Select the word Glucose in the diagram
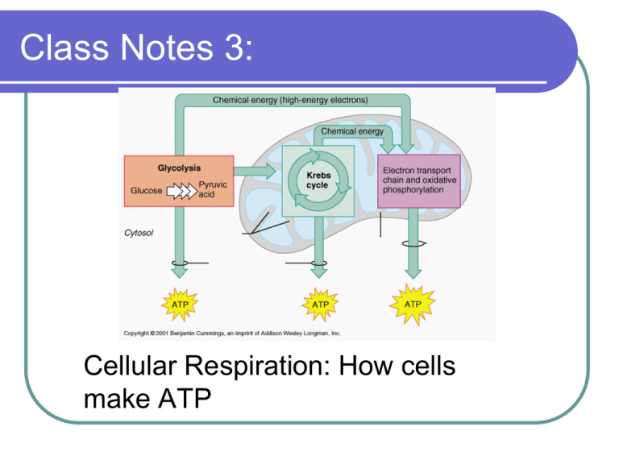click(x=146, y=191)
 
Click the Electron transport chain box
click(x=419, y=180)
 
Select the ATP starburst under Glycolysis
click(x=178, y=304)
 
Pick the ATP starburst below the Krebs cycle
click(x=320, y=304)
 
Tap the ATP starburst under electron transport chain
click(x=412, y=304)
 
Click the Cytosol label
click(x=140, y=233)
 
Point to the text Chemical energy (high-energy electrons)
click(x=290, y=101)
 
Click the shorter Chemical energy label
click(x=352, y=130)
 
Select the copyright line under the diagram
click(x=232, y=332)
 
